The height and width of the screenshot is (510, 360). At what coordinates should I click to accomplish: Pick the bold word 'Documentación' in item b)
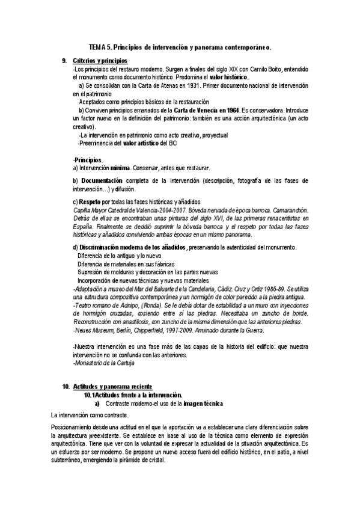(x=102, y=180)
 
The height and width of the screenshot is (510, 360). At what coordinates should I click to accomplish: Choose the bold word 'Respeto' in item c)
(x=90, y=201)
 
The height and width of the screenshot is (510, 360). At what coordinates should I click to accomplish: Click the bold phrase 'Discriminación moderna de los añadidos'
(x=133, y=247)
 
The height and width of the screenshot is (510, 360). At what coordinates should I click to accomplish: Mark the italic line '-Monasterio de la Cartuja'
(x=103, y=364)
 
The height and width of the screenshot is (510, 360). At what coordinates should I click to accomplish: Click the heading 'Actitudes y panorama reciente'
(x=112, y=386)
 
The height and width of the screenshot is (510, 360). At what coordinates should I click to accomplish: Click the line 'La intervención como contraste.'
(x=90, y=416)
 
